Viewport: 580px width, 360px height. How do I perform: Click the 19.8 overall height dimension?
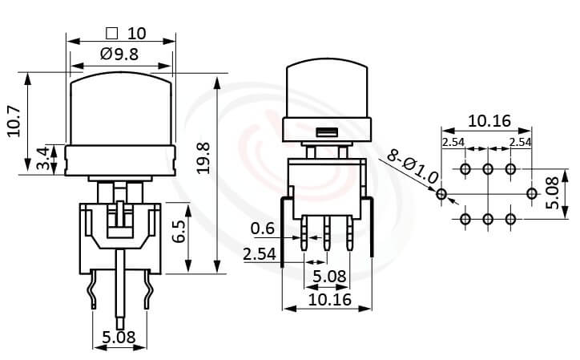(203, 157)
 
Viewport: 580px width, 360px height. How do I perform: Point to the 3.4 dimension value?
(42, 159)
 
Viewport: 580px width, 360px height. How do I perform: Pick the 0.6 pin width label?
(262, 229)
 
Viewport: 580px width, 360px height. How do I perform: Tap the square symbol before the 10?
(111, 34)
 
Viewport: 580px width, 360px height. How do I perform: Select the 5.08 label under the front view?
(119, 338)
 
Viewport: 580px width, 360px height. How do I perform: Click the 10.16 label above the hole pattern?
(489, 121)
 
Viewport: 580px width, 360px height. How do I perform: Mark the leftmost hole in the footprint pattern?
(441, 193)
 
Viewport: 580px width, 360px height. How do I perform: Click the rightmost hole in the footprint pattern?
(532, 193)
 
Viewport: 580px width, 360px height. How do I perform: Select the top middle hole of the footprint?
(487, 169)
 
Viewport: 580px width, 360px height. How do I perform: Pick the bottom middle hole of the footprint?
(487, 218)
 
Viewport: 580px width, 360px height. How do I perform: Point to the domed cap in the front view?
(121, 108)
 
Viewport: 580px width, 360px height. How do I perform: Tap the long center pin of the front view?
(120, 289)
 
